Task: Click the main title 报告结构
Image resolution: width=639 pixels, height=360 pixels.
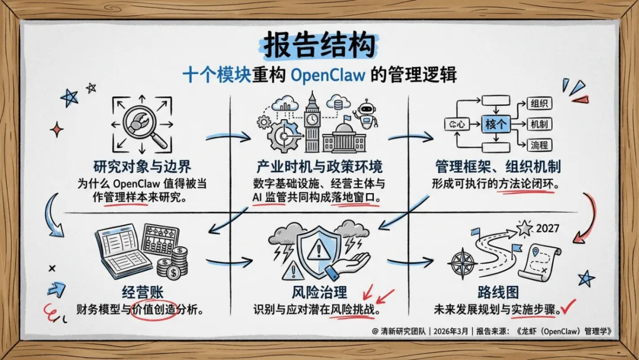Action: pos(319,45)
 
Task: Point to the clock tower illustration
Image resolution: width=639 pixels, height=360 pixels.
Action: pos(312,121)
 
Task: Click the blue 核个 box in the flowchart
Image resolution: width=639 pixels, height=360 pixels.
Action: pos(496,124)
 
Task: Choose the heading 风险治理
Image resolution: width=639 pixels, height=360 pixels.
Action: pos(319,292)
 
